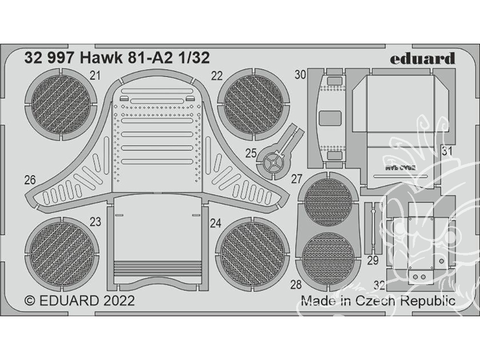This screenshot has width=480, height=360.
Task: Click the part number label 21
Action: (96, 75)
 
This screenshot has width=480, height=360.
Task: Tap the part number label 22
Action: (217, 75)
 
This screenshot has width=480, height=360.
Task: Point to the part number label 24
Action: (215, 223)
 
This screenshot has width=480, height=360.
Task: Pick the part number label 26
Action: (30, 180)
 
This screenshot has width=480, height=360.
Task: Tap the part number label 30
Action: (300, 74)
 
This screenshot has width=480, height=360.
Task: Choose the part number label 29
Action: (372, 261)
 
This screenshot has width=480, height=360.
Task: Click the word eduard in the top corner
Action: (422, 60)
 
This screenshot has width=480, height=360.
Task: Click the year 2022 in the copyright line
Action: (118, 301)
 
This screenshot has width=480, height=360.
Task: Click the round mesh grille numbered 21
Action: (60, 104)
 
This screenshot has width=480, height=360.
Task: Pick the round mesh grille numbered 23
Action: (61, 251)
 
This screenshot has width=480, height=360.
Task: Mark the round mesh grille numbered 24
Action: (252, 253)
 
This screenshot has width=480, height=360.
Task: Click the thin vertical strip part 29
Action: (372, 228)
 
